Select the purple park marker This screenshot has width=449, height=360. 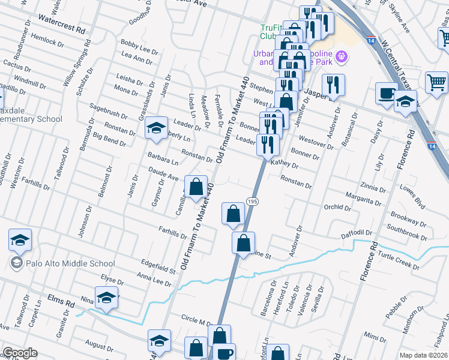point(343,57)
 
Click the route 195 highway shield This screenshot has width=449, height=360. point(252,202)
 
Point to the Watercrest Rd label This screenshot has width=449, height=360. point(61,29)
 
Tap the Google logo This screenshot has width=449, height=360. point(20,353)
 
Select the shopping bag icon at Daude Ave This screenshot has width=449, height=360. point(196,187)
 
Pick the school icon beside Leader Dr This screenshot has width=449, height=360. point(156,128)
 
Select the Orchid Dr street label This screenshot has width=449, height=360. point(337,208)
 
